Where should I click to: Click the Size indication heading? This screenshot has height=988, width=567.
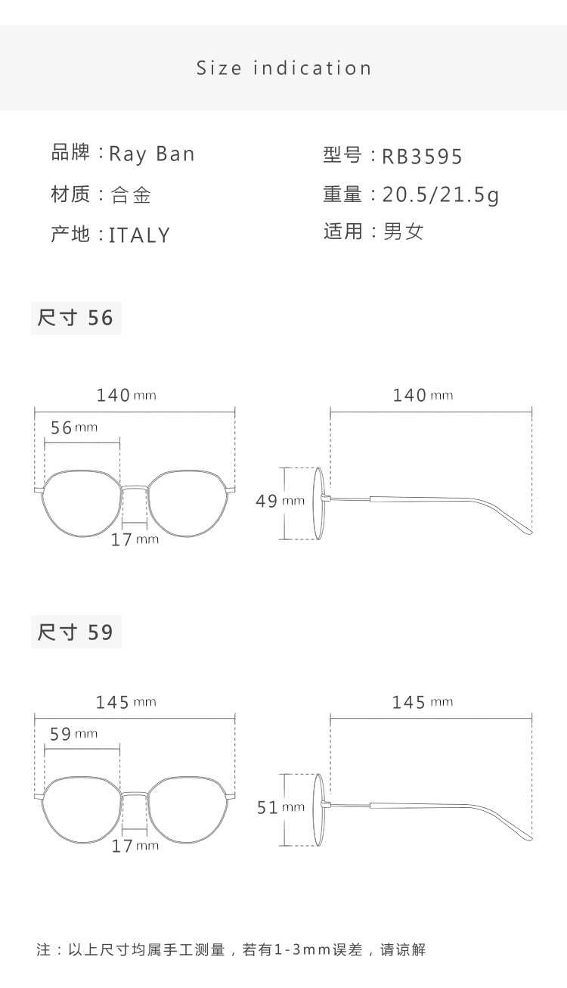coord(284,68)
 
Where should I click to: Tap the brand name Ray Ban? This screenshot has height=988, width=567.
coord(152,154)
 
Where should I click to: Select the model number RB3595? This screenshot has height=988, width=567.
coord(422,157)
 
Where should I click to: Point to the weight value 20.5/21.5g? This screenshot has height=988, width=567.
coord(441,195)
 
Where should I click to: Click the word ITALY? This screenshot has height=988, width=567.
coord(140,235)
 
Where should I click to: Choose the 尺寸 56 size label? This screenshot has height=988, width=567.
coord(76,318)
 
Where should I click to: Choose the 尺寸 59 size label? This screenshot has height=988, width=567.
coord(76,632)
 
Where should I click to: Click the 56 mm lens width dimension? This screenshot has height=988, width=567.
coord(73,427)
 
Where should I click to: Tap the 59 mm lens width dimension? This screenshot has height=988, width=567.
coord(73,734)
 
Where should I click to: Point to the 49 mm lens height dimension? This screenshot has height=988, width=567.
coord(280,501)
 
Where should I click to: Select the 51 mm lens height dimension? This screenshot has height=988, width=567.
coord(280,808)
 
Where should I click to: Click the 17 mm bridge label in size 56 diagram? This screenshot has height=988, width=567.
coord(135,539)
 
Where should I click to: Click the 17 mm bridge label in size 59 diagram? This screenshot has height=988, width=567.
coord(135,846)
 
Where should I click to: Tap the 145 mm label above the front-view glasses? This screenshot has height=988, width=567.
coord(125,703)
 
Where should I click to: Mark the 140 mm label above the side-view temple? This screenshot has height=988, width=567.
coord(423,395)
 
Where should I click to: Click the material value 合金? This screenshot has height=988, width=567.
coord(131,195)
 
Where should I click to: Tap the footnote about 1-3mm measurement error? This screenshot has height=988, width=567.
coord(231,949)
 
